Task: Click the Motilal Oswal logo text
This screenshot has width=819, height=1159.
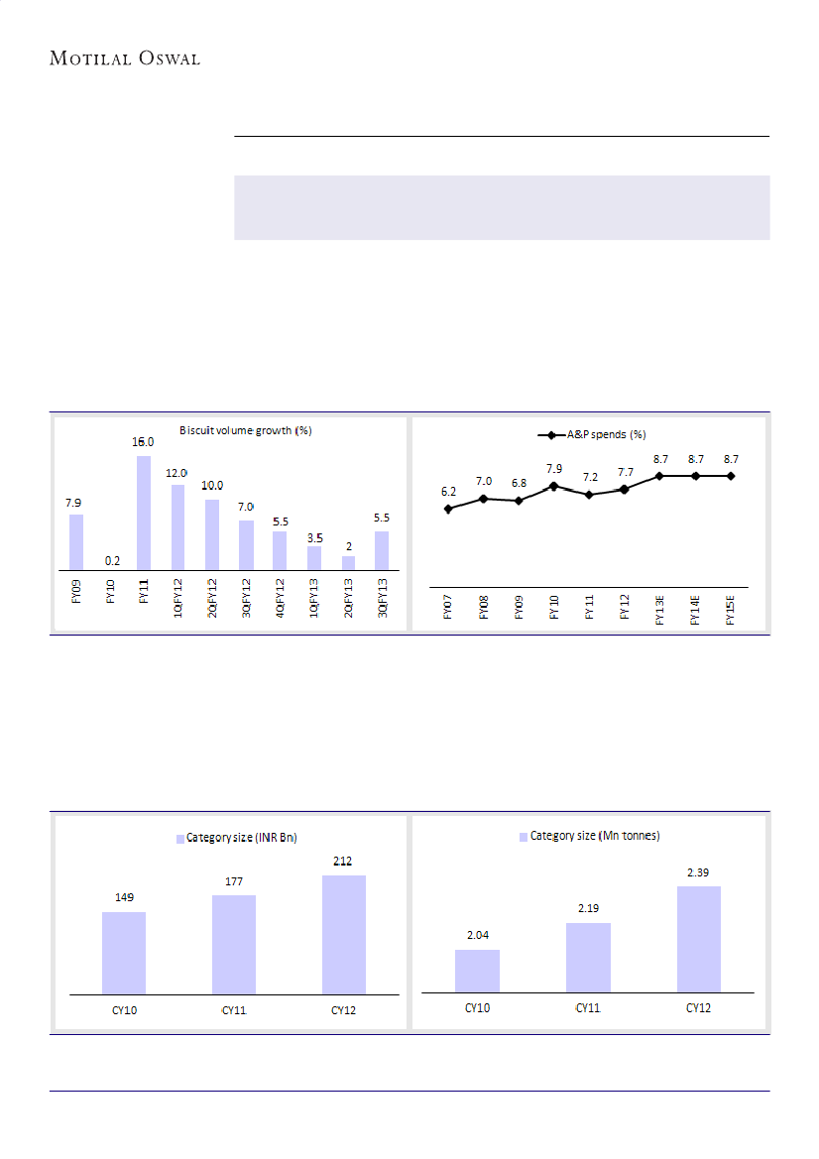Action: (x=125, y=58)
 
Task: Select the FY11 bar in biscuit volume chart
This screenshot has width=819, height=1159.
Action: (x=144, y=513)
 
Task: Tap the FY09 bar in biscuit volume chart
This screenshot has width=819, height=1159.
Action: (x=76, y=541)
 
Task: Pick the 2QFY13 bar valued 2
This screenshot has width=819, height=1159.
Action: (x=348, y=562)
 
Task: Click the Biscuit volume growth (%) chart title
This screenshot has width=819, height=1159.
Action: (x=246, y=430)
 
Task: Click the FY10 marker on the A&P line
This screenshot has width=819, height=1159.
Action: (x=553, y=486)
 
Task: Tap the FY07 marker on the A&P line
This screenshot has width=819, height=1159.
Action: (x=448, y=509)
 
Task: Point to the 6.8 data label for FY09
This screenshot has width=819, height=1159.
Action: (x=519, y=483)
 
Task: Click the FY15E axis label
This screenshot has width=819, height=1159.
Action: (x=731, y=608)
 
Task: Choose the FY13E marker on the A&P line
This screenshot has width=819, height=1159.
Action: (x=659, y=476)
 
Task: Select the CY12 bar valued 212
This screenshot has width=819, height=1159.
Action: (x=344, y=934)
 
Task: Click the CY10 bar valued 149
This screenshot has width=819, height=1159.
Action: (x=124, y=952)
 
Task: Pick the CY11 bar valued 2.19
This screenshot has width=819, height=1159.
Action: (x=588, y=957)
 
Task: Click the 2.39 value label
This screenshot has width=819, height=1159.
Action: (x=699, y=872)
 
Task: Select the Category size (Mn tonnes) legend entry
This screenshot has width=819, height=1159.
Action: (x=589, y=836)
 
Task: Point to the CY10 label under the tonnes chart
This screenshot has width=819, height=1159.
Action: (x=478, y=1008)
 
